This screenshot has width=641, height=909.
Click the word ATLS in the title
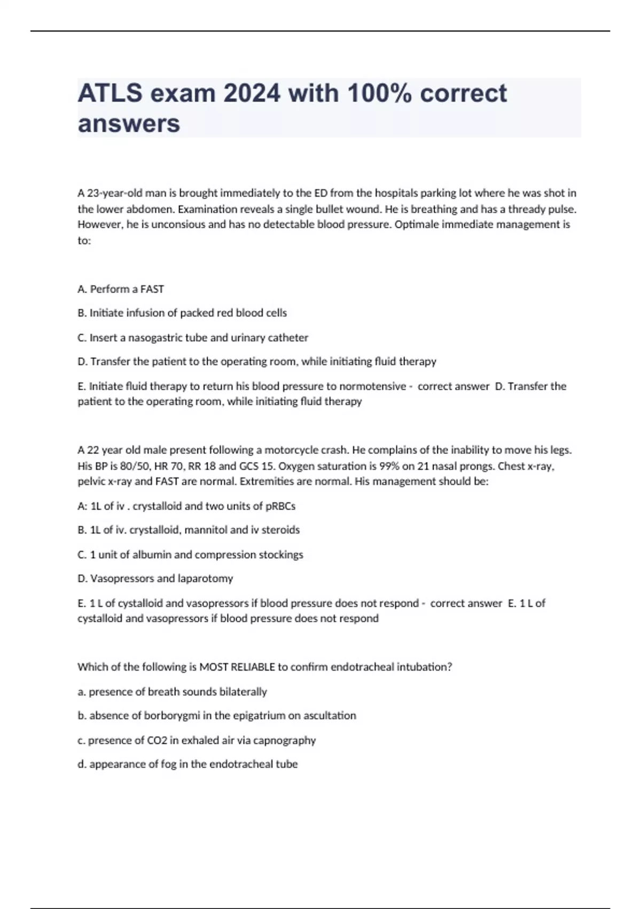(110, 94)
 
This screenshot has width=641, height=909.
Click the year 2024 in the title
(252, 94)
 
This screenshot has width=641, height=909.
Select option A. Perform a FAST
(121, 289)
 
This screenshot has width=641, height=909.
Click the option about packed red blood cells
(182, 313)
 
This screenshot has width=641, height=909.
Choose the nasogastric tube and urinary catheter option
(193, 338)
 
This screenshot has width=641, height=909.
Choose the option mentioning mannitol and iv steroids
(189, 530)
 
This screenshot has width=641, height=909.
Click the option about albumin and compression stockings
(190, 554)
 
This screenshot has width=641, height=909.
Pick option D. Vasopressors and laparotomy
(155, 579)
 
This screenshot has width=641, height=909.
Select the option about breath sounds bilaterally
(172, 692)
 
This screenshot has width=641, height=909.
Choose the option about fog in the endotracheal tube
(187, 765)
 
